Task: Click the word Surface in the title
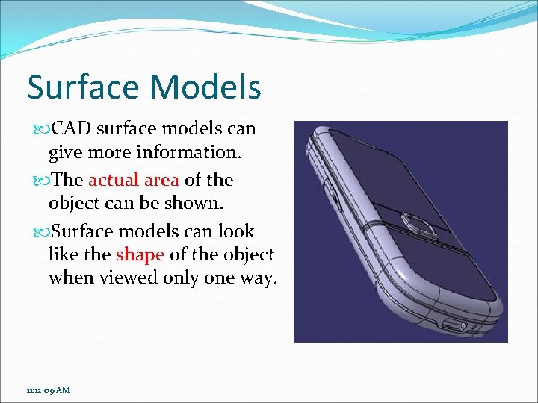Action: pos(82,87)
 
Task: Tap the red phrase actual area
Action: pos(134,180)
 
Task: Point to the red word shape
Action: pos(140,254)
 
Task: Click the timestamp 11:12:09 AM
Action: pos(49,390)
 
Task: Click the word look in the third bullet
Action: pos(235,231)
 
